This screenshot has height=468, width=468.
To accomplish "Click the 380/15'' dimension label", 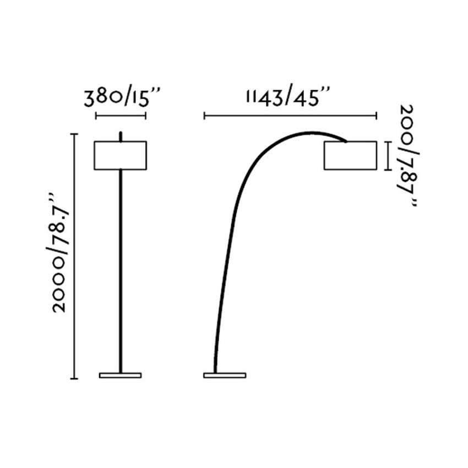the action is pos(122,97).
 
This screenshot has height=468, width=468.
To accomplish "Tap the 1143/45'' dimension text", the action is pos(289,96).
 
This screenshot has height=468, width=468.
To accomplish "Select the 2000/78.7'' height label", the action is pos(59,253).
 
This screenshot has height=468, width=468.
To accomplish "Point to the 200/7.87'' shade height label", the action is pos(409,155).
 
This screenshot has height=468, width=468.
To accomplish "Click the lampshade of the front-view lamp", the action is pos(120,155).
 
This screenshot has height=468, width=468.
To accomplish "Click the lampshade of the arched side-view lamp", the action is pos(350,155).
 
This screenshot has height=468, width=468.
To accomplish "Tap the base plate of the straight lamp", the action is pos(120,375).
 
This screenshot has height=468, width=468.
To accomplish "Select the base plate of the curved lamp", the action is pos(225,375).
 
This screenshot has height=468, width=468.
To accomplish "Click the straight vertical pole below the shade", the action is pos(121,271).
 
